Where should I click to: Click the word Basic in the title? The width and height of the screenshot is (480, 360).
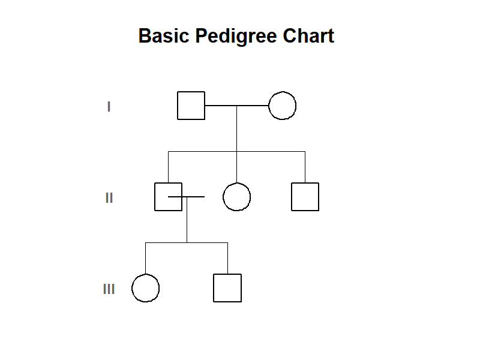[164, 36]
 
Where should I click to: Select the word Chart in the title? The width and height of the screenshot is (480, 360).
[308, 36]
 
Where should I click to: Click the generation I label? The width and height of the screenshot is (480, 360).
[109, 107]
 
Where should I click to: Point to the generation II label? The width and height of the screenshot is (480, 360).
[109, 198]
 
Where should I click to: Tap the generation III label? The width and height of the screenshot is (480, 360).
[109, 289]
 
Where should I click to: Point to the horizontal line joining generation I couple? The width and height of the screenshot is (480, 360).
[236, 106]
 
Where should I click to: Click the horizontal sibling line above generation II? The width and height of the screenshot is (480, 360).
[236, 151]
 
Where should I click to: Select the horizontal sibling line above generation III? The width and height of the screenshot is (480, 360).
[187, 242]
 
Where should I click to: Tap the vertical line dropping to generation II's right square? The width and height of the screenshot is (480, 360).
[305, 167]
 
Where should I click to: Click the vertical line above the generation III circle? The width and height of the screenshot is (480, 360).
[145, 258]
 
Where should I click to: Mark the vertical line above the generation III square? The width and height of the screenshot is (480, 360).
[227, 258]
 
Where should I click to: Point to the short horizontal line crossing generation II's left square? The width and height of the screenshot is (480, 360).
[187, 197]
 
